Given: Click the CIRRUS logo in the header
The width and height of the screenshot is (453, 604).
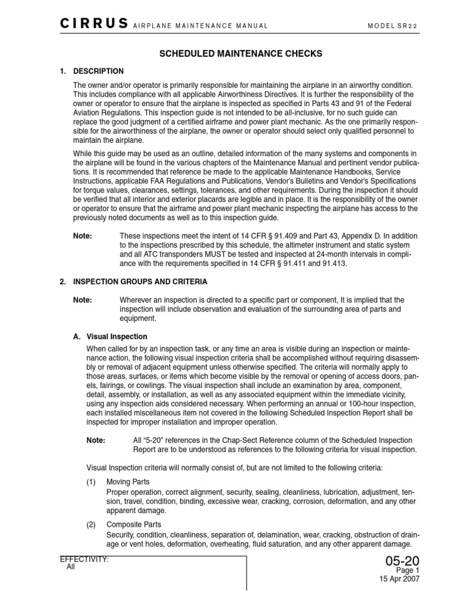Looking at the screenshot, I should [94, 24].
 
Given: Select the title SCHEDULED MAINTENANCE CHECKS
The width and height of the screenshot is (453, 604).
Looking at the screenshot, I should [241, 54].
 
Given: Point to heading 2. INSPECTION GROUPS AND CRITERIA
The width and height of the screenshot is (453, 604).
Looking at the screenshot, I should [133, 282].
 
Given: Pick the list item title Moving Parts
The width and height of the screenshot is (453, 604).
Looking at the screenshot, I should [127, 482].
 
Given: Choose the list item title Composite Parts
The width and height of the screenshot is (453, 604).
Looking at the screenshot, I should [133, 524].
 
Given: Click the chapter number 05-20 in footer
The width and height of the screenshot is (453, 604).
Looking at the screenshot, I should [402, 562].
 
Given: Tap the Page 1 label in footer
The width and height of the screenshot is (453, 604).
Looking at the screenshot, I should [407, 571].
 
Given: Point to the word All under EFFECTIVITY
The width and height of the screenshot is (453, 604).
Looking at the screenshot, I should [71, 567].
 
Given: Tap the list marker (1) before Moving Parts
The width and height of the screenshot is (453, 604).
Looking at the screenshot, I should [91, 482].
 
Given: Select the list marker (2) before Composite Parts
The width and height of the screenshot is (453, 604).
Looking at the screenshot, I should [91, 524].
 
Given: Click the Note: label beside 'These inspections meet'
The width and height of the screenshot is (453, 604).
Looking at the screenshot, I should [83, 236].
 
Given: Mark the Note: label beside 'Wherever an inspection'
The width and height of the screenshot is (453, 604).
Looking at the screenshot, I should [83, 300].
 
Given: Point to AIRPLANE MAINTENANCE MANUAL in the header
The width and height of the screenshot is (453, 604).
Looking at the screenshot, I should [201, 26].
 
